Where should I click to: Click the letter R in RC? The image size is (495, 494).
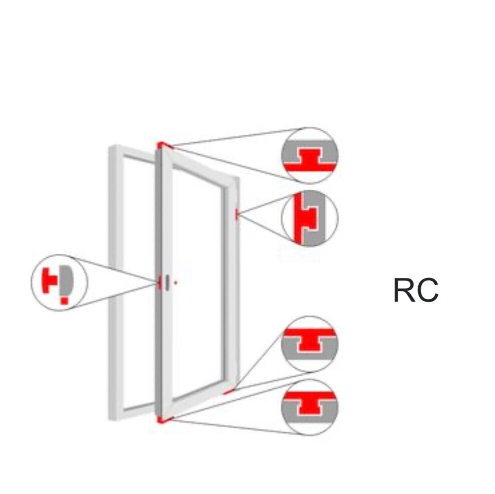(404, 290)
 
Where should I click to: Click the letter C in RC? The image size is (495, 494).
(427, 290)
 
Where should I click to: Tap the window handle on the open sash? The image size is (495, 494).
(167, 282)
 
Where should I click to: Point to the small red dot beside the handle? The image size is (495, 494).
(175, 283)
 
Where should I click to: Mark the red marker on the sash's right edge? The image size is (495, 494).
(237, 215)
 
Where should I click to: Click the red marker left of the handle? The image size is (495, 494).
(160, 282)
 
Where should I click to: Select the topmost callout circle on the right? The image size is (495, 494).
(310, 155)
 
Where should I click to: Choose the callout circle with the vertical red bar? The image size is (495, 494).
(310, 218)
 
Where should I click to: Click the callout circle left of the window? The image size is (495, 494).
(59, 283)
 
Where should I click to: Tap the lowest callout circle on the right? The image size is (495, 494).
(310, 407)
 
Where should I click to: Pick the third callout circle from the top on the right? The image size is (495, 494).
(310, 344)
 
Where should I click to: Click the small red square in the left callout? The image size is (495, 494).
(65, 300)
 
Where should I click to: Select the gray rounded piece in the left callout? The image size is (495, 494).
(67, 280)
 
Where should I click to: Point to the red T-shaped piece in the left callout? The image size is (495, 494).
(49, 280)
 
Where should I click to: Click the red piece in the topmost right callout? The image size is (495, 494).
(310, 162)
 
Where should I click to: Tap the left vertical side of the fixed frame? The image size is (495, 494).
(116, 283)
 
